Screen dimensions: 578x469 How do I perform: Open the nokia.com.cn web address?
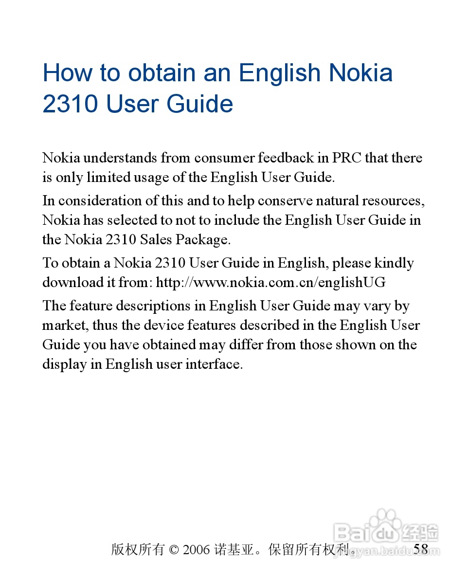tap(271, 283)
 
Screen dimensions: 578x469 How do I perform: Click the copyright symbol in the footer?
tap(174, 550)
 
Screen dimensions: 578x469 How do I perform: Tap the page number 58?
tap(421, 549)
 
